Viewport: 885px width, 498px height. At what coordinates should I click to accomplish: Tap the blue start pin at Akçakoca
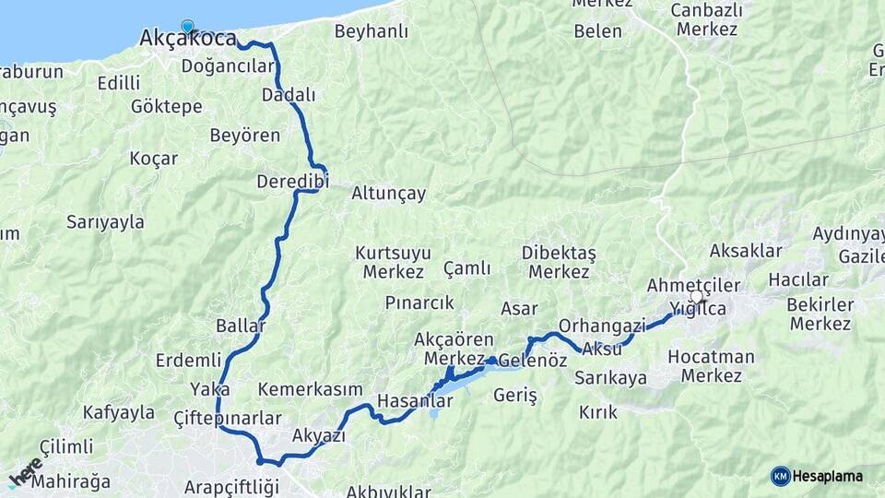tap(188, 28)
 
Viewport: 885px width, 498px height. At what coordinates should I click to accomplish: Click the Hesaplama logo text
tap(827, 476)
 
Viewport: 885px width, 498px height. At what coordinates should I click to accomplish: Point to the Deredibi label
tap(292, 181)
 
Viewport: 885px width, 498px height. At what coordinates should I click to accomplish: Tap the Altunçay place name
tap(388, 194)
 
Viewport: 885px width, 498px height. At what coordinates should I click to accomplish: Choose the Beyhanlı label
tap(371, 31)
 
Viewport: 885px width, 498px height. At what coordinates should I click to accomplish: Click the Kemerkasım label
tap(310, 389)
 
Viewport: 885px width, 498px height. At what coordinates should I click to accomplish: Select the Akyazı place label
tap(318, 435)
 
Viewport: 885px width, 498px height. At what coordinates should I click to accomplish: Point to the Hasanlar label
tap(415, 401)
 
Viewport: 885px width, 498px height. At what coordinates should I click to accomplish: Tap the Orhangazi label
tap(602, 326)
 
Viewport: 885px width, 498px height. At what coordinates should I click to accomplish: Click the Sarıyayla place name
tap(105, 221)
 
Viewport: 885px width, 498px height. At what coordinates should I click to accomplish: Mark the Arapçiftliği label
tap(227, 486)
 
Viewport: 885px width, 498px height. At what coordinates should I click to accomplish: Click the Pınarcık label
tap(419, 302)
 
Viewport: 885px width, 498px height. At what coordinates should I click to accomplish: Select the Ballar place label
tap(240, 326)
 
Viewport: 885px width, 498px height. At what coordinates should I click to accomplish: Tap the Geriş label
tap(515, 395)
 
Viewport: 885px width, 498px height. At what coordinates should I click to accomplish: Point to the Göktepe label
tap(166, 106)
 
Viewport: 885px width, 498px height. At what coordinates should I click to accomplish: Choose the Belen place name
tap(597, 30)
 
